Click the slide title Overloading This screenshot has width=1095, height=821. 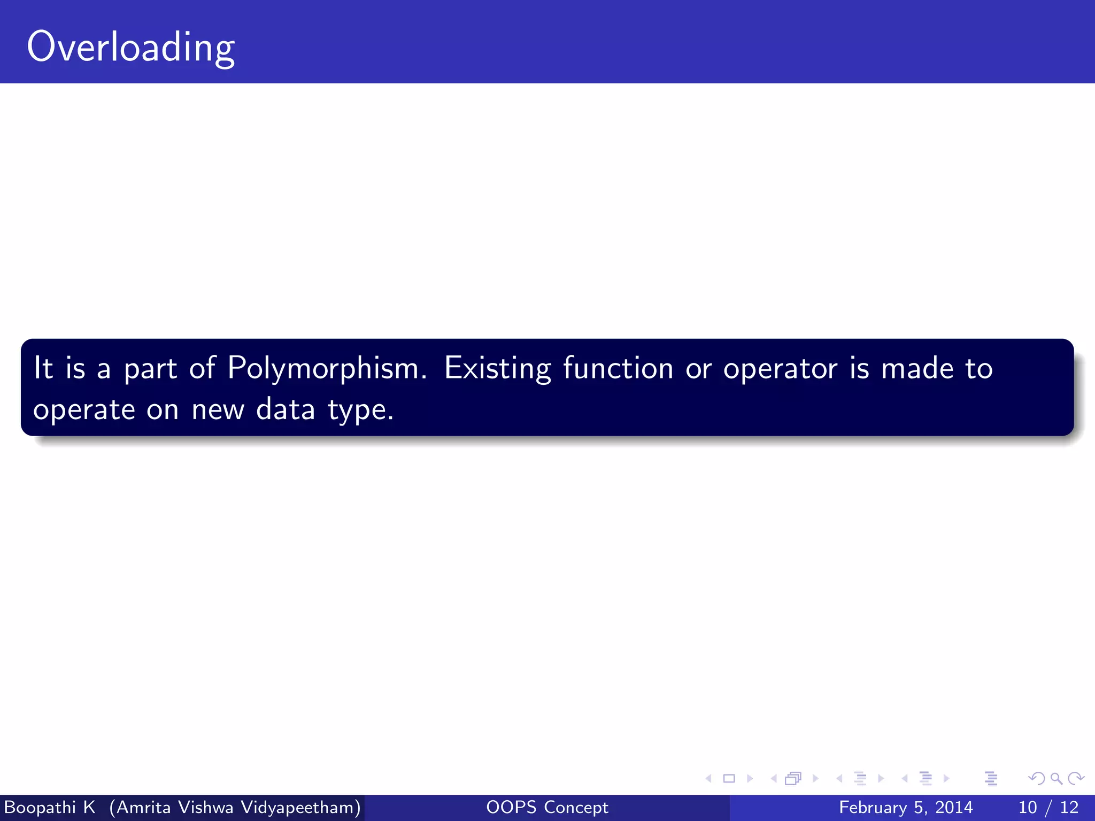pos(130,47)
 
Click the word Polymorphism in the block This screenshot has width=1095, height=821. pos(327,369)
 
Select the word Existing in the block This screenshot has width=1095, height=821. pos(497,369)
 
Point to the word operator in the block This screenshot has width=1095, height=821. pos(780,369)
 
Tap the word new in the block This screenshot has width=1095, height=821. pos(218,410)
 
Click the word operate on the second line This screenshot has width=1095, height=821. pos(84,410)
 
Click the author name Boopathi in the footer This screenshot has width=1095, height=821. pos(39,807)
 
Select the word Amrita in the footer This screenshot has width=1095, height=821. pos(143,807)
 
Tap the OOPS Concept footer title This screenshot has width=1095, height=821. pos(547,807)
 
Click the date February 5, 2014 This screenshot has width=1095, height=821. pos(906,807)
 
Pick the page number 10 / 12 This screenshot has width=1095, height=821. pos(1048,807)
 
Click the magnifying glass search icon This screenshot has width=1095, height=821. pos(1056,778)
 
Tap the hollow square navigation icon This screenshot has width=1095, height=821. pos(729,778)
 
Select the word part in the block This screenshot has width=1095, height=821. pos(150,369)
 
